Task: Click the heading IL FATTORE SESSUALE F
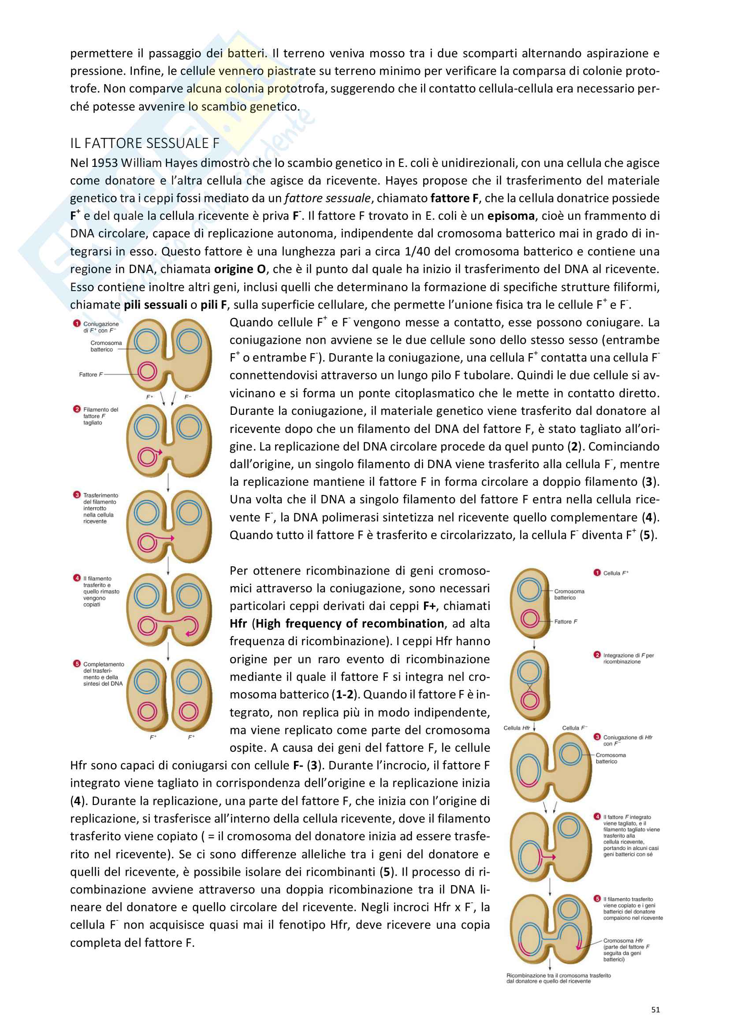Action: coord(145,143)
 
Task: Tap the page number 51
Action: coord(655,1009)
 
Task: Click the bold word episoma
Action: coord(510,216)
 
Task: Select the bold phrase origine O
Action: coord(240,269)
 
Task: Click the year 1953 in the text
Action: coord(104,163)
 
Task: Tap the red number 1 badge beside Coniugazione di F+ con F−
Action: coord(77,324)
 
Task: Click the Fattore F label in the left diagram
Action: coord(91,375)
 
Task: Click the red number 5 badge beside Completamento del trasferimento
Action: coord(77,664)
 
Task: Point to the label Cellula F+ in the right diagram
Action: coord(615,573)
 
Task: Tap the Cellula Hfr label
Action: coord(516,727)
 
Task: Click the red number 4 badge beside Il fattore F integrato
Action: coord(597,816)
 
